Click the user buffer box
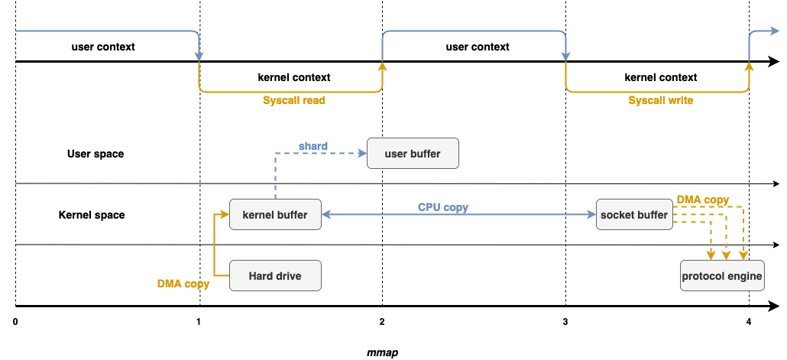(413, 154)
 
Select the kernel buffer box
(275, 215)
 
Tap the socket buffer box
(633, 215)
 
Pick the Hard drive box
(275, 276)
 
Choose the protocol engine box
(722, 276)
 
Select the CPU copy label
(442, 207)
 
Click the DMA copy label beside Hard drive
(183, 284)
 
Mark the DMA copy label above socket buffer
(702, 199)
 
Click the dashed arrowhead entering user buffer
(362, 154)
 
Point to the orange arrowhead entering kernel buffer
(225, 215)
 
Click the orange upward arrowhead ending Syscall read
(382, 66)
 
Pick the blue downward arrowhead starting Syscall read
(199, 56)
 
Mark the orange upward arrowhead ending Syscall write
(749, 66)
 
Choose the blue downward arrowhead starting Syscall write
(565, 56)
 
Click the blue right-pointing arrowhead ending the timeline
(773, 31)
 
